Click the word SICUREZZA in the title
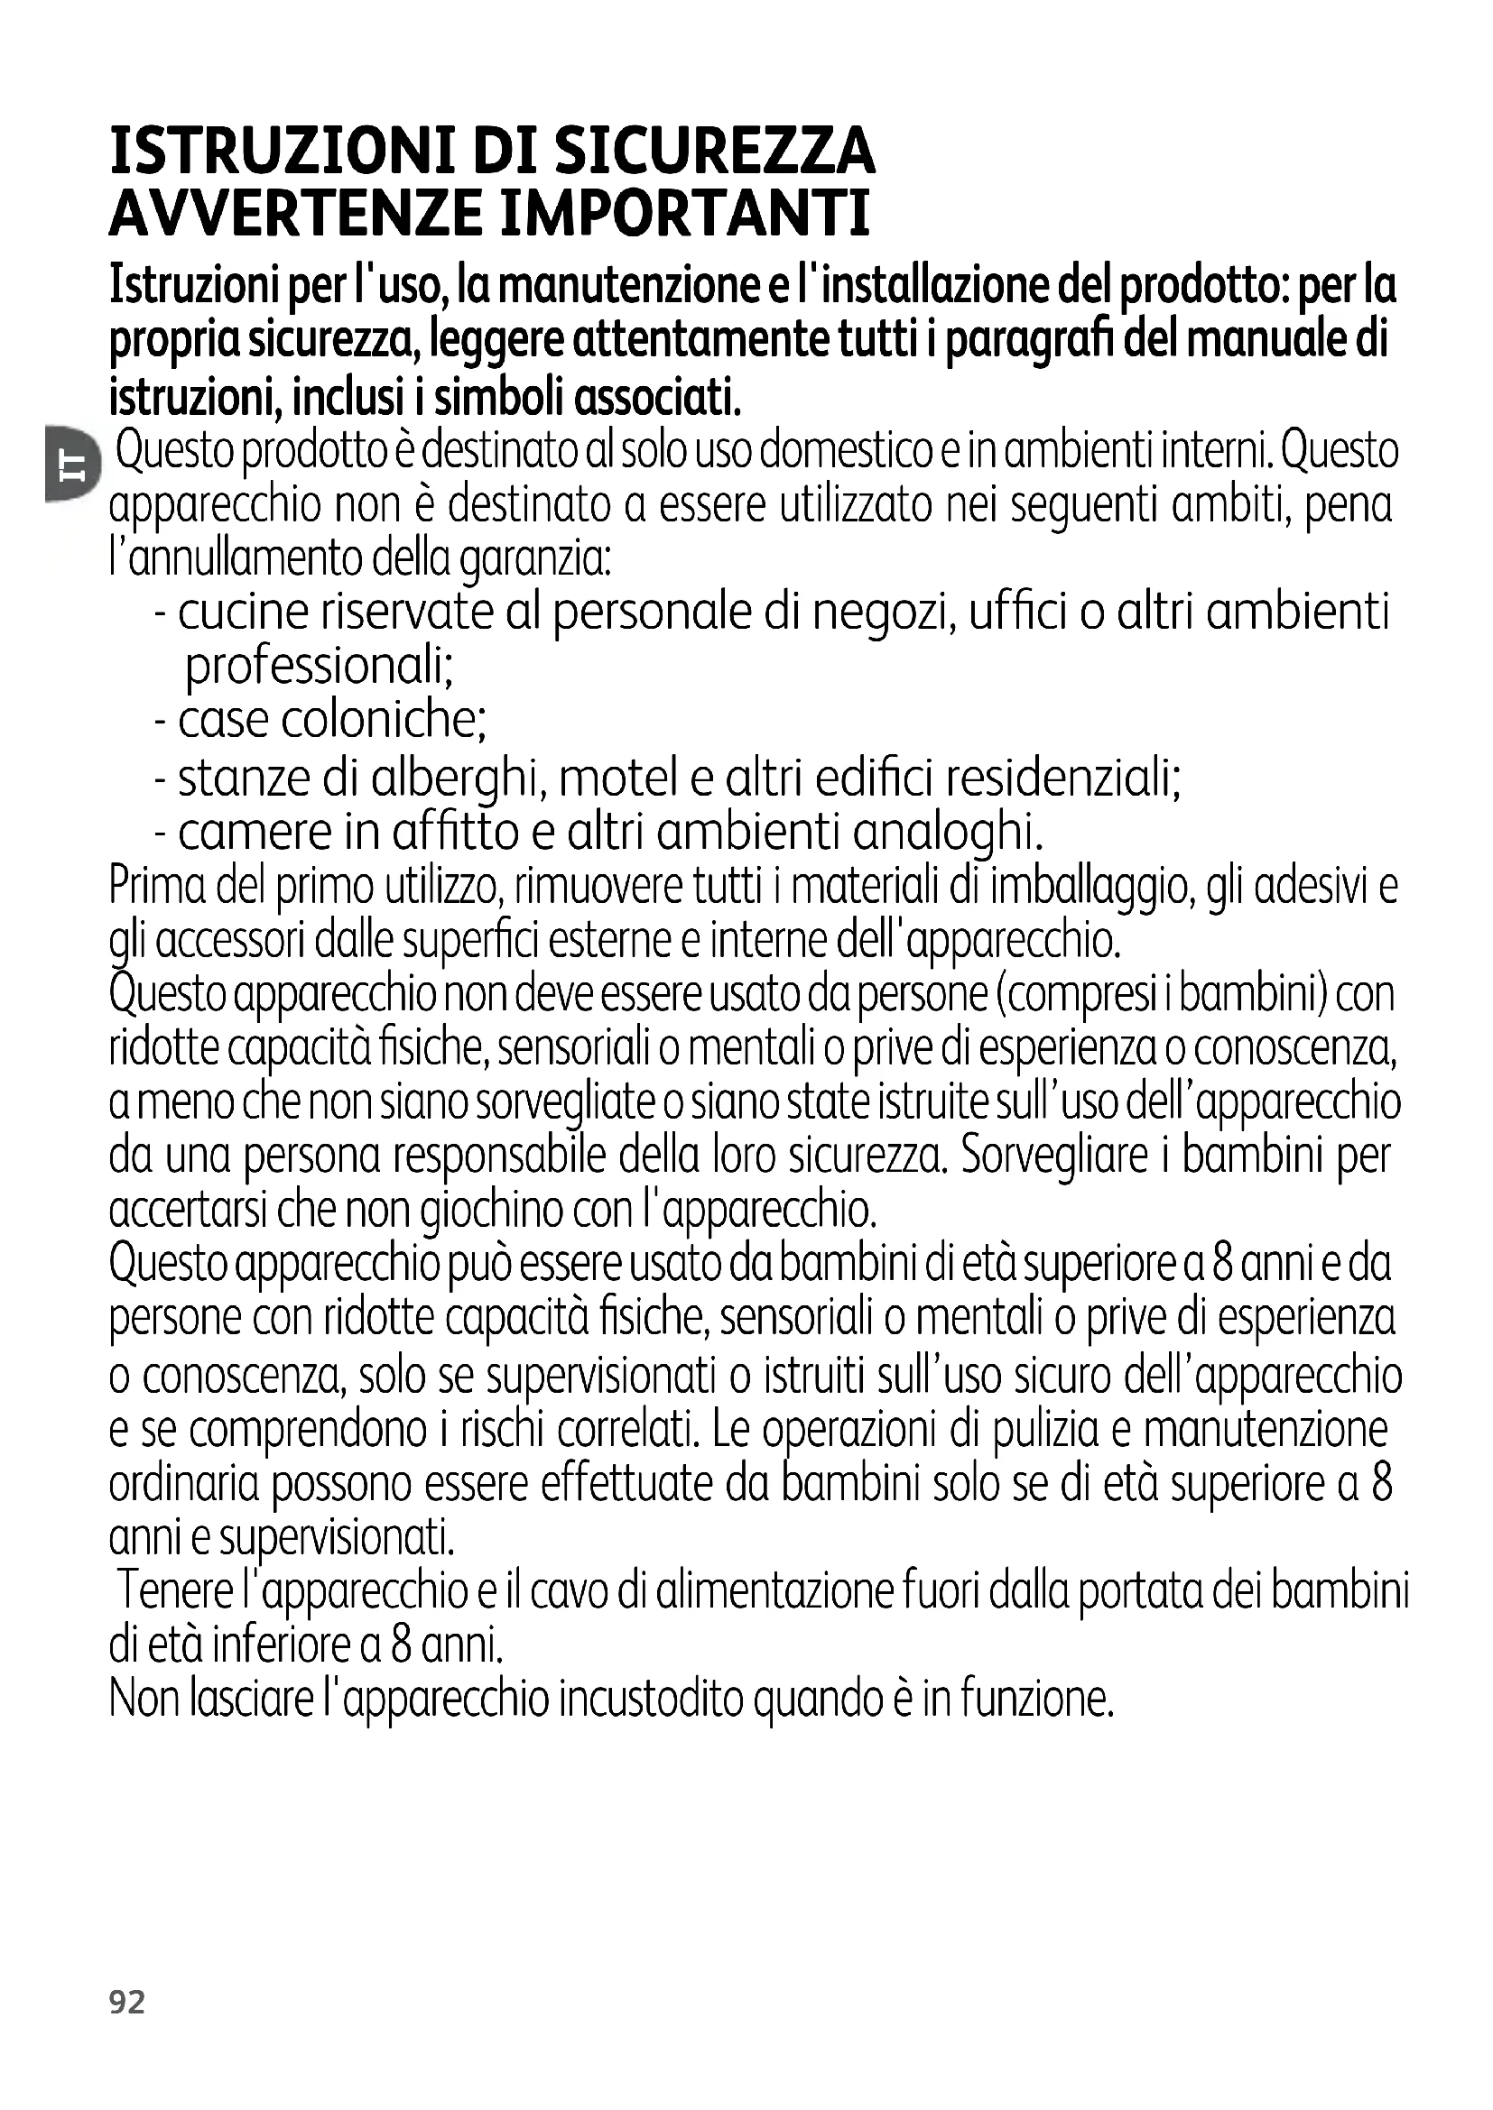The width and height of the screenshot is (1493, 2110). coord(714,152)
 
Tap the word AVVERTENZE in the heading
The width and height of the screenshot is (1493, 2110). coord(295,213)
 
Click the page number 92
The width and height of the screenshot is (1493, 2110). coord(127,2002)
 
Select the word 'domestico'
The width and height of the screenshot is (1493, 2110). coord(839,451)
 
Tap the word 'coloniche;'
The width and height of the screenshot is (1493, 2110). coord(384,720)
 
